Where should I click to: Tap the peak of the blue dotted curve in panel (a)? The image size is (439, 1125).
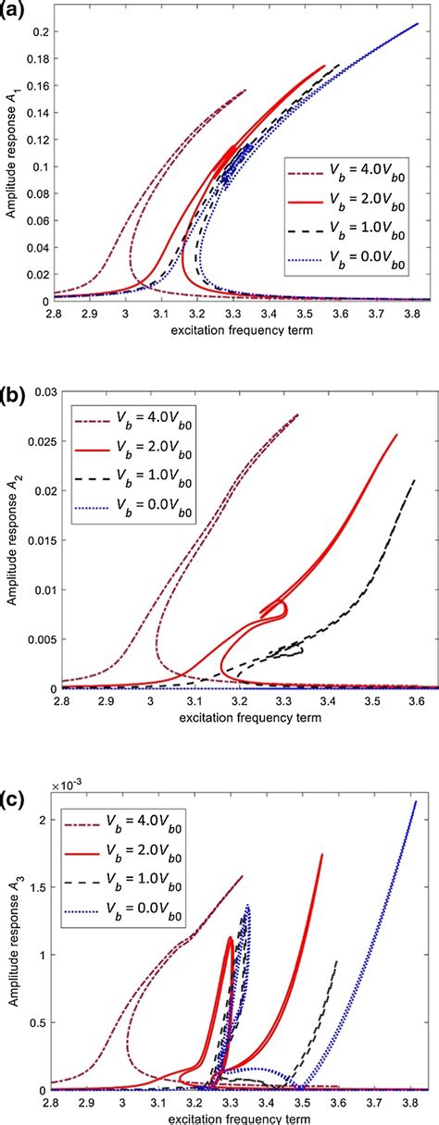click(419, 24)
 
